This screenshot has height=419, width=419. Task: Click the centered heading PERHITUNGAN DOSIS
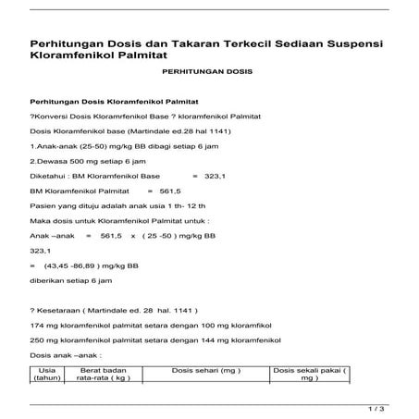[207, 71]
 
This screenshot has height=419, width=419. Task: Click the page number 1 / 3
[376, 407]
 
